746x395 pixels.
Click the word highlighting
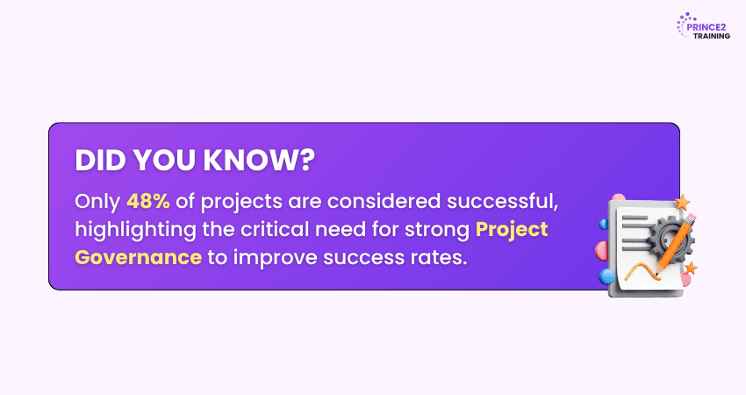(125, 229)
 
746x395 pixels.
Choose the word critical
(282, 229)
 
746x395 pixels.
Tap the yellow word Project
(512, 229)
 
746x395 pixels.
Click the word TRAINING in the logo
(711, 36)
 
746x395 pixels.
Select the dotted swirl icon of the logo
(685, 25)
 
